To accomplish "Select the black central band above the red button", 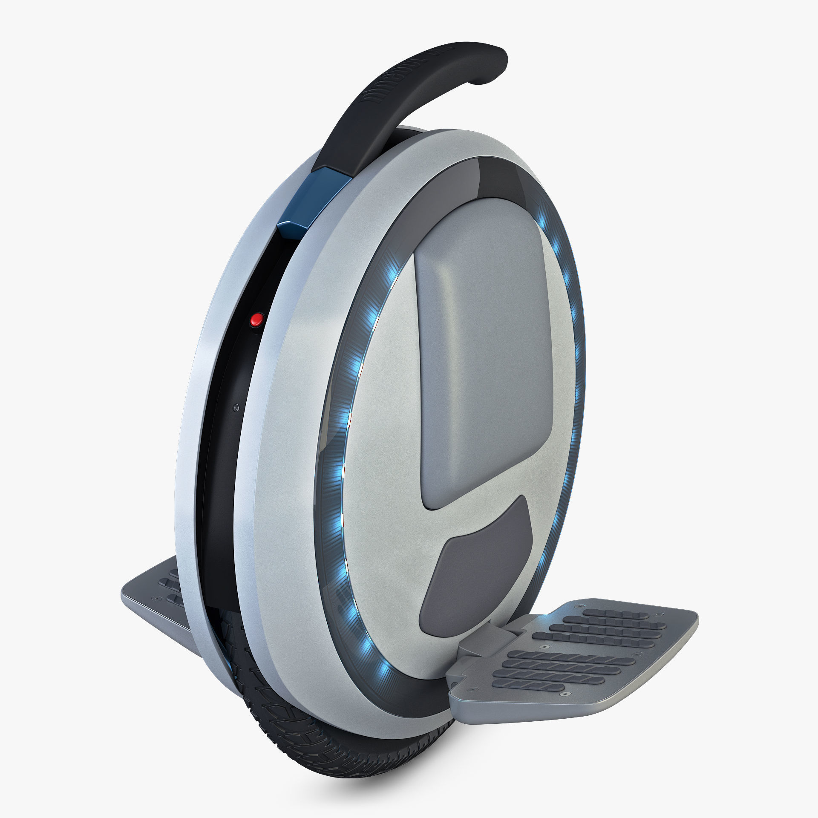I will tap(273, 264).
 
